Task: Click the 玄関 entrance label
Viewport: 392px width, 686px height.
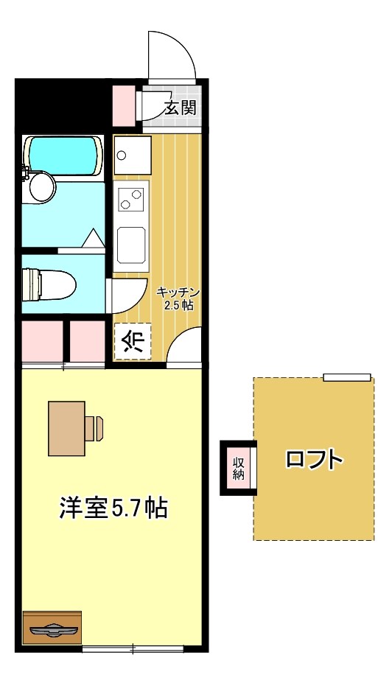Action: coord(180,108)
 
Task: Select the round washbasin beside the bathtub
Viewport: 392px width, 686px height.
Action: coord(41,186)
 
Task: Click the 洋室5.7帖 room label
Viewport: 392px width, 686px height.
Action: coord(113,508)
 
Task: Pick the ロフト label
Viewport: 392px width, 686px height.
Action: coord(315,460)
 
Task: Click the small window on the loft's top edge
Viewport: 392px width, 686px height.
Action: coord(346,377)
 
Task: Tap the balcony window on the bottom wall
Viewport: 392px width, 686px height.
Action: coord(133,648)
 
